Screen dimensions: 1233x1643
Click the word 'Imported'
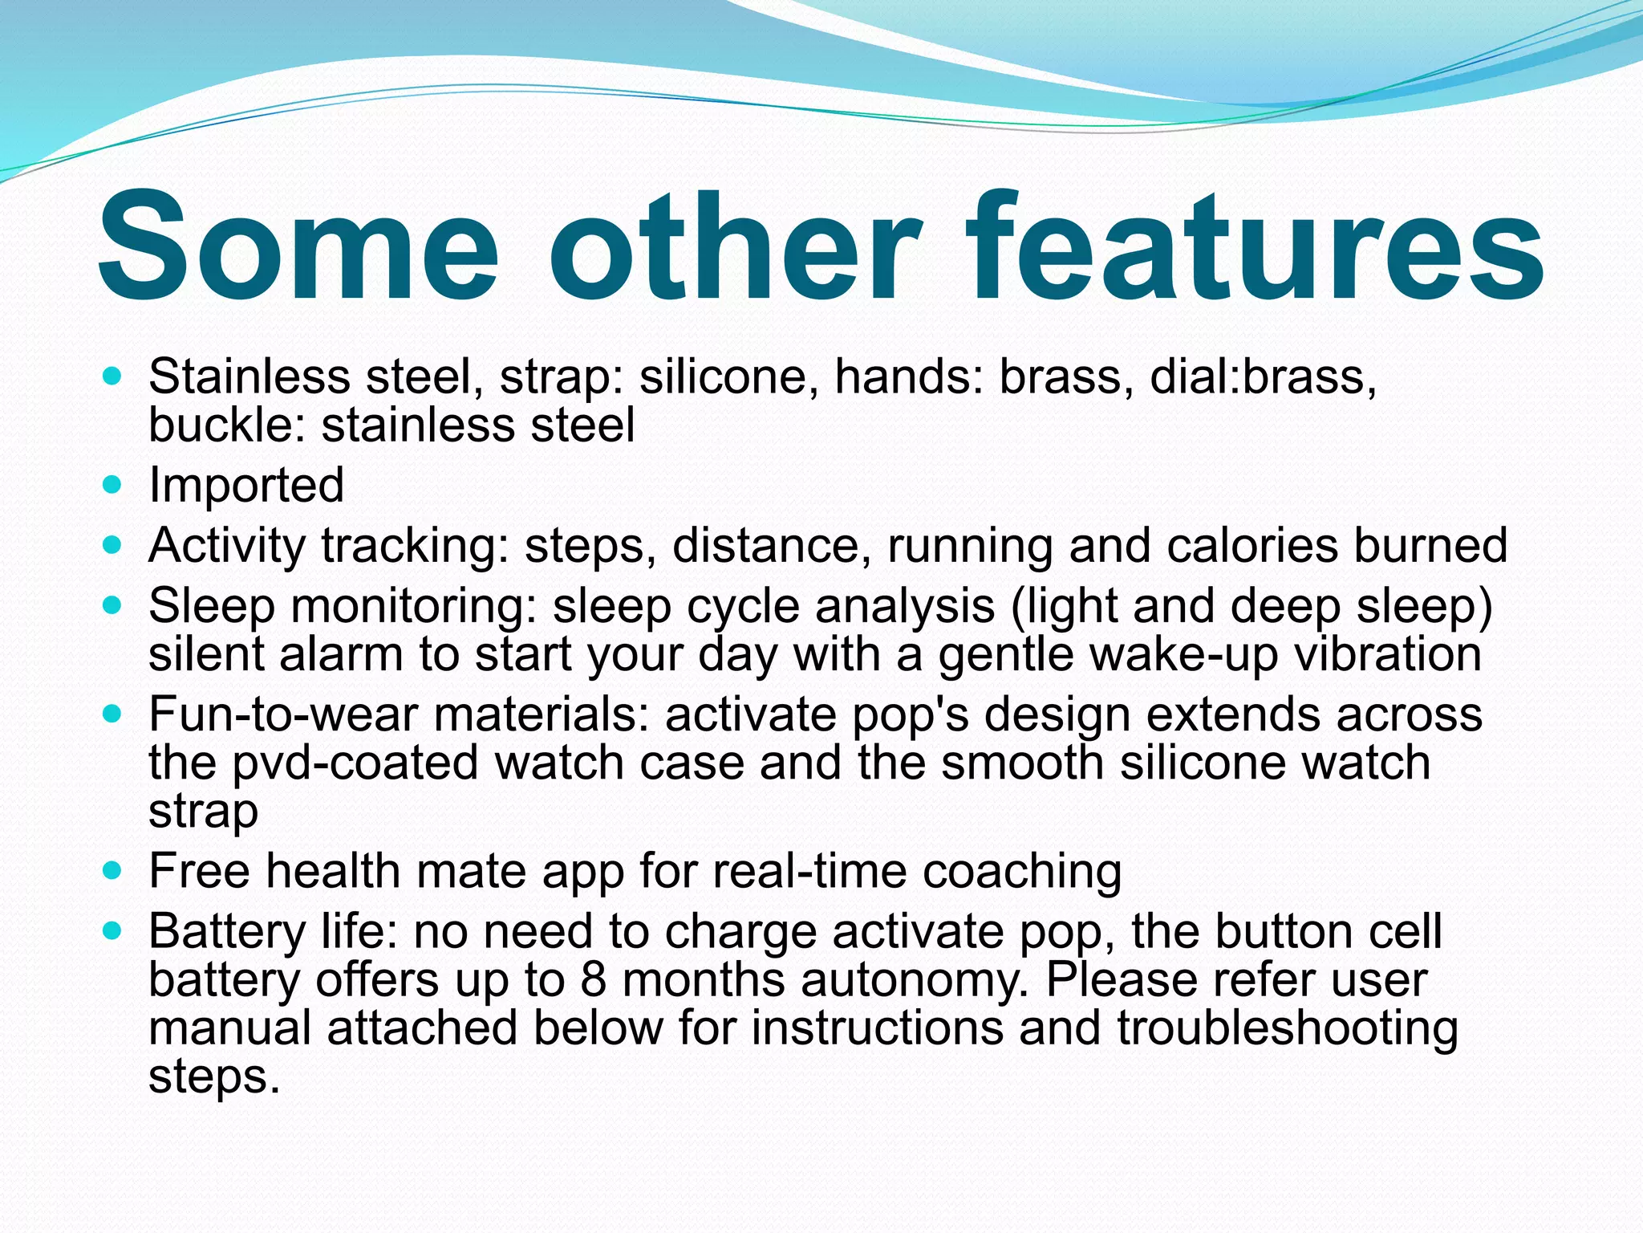pyautogui.click(x=246, y=485)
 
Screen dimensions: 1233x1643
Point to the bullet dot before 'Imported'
pyautogui.click(x=113, y=485)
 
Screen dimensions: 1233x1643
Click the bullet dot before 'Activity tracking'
pyautogui.click(x=113, y=546)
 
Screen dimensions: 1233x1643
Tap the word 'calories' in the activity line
pyautogui.click(x=1252, y=546)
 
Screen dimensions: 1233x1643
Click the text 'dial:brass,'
pyautogui.click(x=1264, y=376)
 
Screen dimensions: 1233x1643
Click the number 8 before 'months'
pyautogui.click(x=593, y=980)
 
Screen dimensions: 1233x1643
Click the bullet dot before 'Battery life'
pyautogui.click(x=113, y=932)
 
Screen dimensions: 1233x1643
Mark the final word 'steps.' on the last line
pyautogui.click(x=214, y=1078)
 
